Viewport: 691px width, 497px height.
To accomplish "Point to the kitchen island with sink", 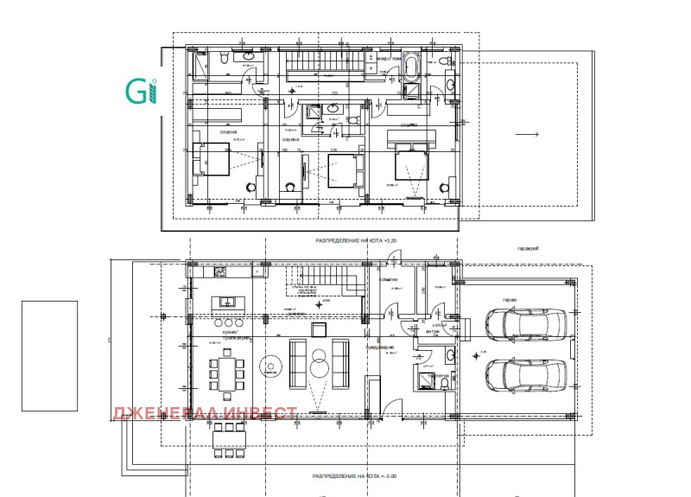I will point(228,303).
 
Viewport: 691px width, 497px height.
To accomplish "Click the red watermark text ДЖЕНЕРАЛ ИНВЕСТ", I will point(205,413).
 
